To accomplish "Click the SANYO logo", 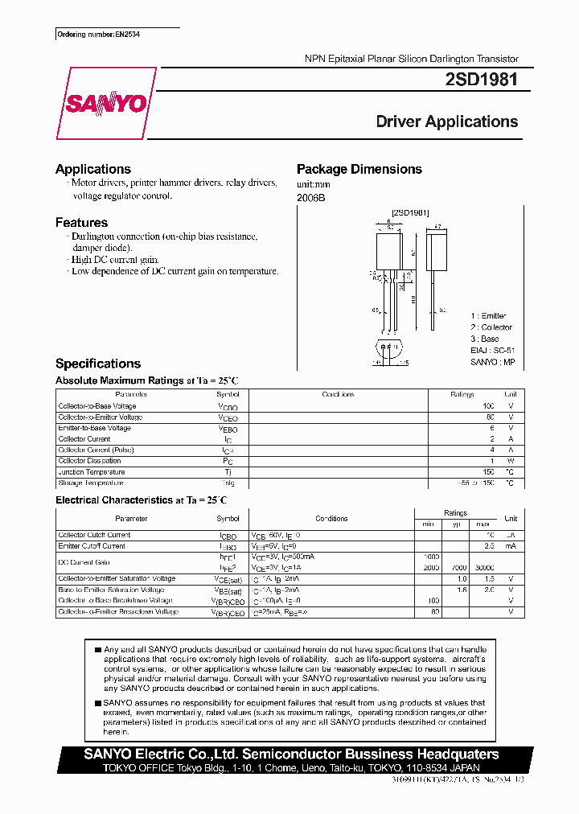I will [x=105, y=104].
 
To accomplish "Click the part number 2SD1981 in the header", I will [x=481, y=80].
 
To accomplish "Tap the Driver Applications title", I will [x=447, y=122].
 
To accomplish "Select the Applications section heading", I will [x=93, y=169].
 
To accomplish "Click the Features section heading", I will [x=81, y=223].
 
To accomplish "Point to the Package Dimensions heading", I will [x=359, y=169].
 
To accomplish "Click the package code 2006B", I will [x=311, y=198].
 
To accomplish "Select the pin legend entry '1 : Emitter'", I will [x=488, y=316].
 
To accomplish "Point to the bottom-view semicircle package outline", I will [x=388, y=348].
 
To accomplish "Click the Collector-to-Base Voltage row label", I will [x=96, y=407].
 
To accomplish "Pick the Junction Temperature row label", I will [x=91, y=472].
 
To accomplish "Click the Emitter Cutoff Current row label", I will [x=92, y=546].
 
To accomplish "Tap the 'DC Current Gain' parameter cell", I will [x=84, y=562].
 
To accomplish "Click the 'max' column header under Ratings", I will [x=484, y=524].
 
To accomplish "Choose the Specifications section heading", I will [x=98, y=364].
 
